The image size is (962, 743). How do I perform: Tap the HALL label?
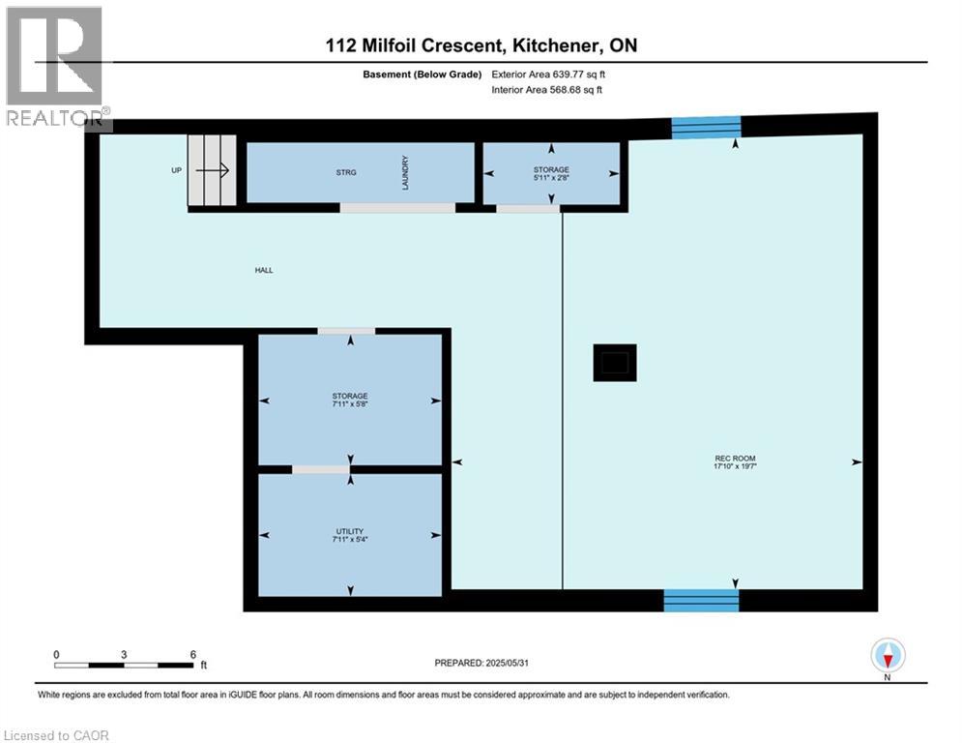pyautogui.click(x=264, y=270)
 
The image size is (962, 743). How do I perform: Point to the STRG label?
pyautogui.click(x=346, y=173)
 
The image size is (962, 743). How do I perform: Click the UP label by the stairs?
pyautogui.click(x=176, y=170)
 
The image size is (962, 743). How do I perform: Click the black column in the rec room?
pyautogui.click(x=615, y=362)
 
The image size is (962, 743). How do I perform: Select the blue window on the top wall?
pyautogui.click(x=706, y=127)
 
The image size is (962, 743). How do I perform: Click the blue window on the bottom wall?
pyautogui.click(x=701, y=601)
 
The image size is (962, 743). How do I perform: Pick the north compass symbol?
pyautogui.click(x=888, y=655)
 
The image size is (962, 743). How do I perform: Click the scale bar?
pyautogui.click(x=125, y=665)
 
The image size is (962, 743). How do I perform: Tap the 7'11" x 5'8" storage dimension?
pyautogui.click(x=349, y=404)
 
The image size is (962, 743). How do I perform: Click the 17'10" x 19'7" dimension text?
pyautogui.click(x=736, y=466)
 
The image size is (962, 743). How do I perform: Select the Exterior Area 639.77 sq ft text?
pyautogui.click(x=548, y=74)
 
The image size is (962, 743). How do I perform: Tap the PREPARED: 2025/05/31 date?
pyautogui.click(x=481, y=663)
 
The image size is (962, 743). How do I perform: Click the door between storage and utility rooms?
pyautogui.click(x=321, y=469)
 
